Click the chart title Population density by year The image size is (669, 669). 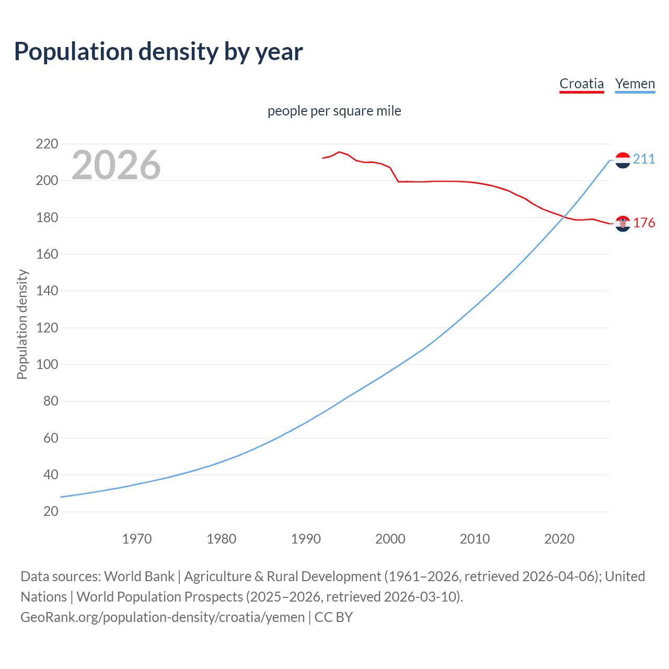pos(158,52)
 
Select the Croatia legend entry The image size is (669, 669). pos(581,84)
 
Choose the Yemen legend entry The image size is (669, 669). pos(635,84)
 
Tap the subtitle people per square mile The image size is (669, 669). pos(334,111)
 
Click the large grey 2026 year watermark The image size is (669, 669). pos(116,165)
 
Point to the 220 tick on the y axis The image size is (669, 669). pos(47,144)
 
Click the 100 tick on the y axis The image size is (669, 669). pos(47,364)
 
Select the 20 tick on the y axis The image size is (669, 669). pos(51,511)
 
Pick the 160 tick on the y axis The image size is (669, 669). pos(47,254)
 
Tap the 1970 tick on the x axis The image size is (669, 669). pos(137,539)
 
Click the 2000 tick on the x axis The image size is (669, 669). pos(390,539)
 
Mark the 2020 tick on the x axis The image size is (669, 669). pos(559,539)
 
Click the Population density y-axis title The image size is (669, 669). pos(22,324)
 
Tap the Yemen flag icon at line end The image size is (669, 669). pos(622,160)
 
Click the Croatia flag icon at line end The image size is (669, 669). pos(622,224)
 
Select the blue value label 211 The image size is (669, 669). pos(644,159)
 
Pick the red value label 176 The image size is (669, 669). pos(644,223)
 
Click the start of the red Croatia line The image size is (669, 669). pos(323,158)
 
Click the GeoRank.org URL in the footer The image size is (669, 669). pos(163,617)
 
